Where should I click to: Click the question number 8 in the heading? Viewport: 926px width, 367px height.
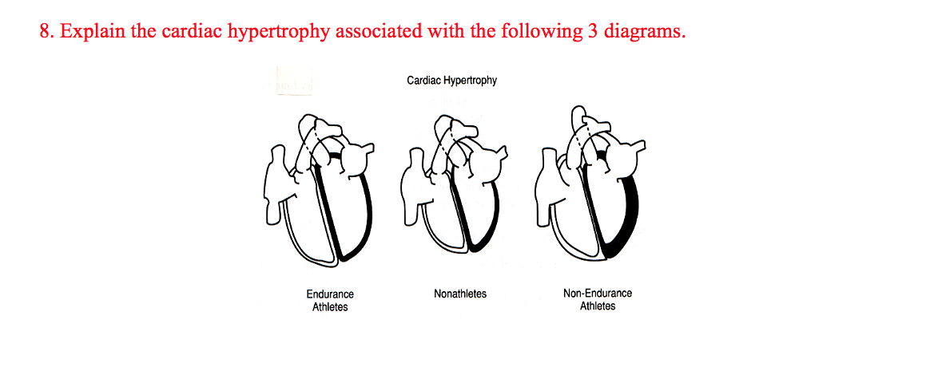pyautogui.click(x=45, y=33)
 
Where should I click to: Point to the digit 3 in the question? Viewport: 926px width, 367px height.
pyautogui.click(x=593, y=33)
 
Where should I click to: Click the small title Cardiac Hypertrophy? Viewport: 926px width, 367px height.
pyautogui.click(x=451, y=81)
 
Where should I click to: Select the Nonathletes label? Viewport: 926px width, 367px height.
pyautogui.click(x=460, y=294)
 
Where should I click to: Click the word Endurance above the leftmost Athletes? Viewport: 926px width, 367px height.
pyautogui.click(x=330, y=294)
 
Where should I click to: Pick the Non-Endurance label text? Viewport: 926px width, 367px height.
pyautogui.click(x=598, y=294)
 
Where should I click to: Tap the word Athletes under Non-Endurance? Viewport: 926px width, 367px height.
pyautogui.click(x=598, y=306)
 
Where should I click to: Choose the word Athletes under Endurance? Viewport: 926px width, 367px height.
pyautogui.click(x=330, y=306)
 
